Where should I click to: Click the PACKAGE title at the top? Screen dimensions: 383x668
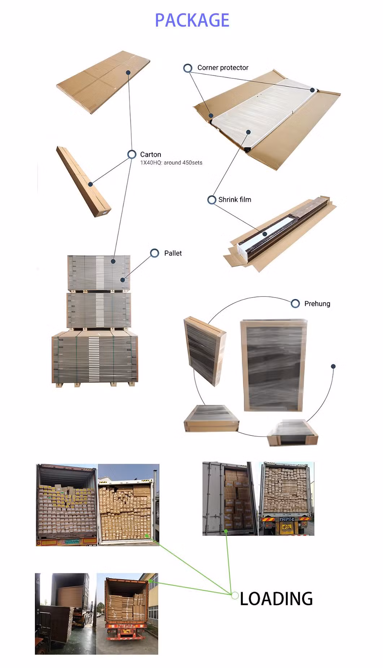(x=192, y=20)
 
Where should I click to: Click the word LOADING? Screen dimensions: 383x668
(x=276, y=599)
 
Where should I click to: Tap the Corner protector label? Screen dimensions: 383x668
(x=223, y=68)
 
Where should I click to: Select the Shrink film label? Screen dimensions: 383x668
(x=234, y=199)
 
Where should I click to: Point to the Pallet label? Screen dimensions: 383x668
(x=173, y=253)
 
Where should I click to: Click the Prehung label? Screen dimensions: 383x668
(x=317, y=304)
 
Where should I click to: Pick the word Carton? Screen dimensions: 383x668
(x=151, y=155)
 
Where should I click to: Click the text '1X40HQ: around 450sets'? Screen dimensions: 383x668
(x=171, y=163)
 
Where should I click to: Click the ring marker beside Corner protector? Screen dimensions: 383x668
(x=188, y=68)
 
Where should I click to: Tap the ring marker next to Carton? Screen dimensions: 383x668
(x=132, y=155)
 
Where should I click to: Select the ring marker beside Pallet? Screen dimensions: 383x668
(x=155, y=253)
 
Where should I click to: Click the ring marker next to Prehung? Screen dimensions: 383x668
(x=295, y=304)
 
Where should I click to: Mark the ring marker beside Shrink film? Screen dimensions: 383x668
(x=212, y=200)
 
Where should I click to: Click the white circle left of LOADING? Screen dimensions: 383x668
(x=235, y=595)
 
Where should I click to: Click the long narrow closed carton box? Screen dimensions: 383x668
(x=83, y=181)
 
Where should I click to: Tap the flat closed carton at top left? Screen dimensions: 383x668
(x=103, y=82)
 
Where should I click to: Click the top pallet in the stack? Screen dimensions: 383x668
(x=99, y=274)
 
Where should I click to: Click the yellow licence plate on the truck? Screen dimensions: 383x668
(x=287, y=527)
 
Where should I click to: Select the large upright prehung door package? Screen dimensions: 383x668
(x=274, y=365)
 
